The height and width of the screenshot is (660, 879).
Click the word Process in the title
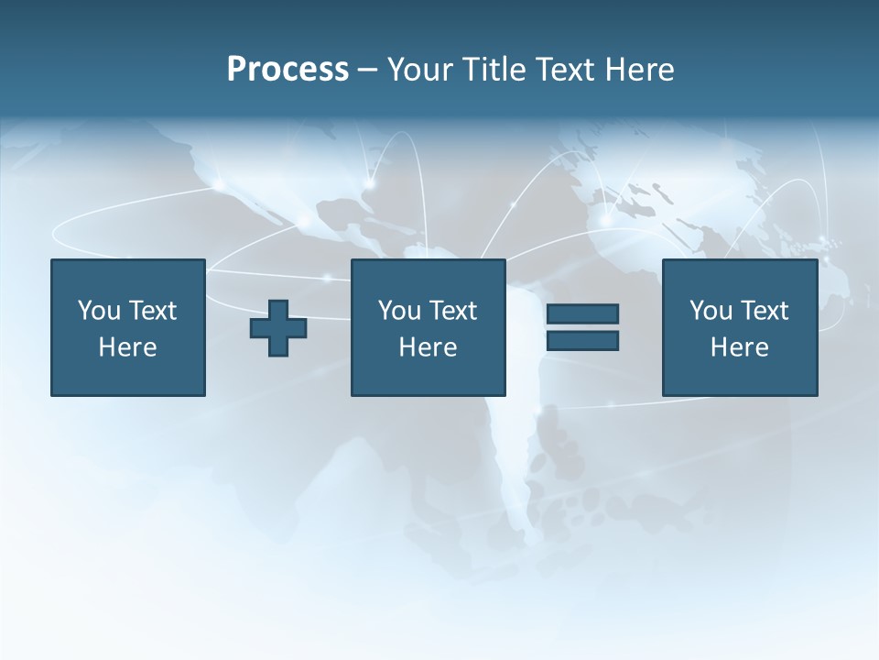pyautogui.click(x=288, y=70)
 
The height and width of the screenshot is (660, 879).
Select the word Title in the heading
pyautogui.click(x=493, y=70)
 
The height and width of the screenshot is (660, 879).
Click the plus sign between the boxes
pyautogui.click(x=278, y=328)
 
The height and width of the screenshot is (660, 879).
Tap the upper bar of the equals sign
pyautogui.click(x=582, y=314)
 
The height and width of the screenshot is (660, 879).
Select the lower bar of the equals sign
pyautogui.click(x=582, y=340)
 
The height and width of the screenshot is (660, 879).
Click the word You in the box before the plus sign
pyautogui.click(x=99, y=311)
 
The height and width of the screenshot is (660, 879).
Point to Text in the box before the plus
pyautogui.click(x=151, y=311)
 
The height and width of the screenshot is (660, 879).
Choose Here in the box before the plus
pyautogui.click(x=127, y=347)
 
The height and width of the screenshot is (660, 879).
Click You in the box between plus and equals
pyautogui.click(x=399, y=311)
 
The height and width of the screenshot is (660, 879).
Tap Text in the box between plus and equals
pyautogui.click(x=451, y=311)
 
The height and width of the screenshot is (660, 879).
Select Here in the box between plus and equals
pyautogui.click(x=428, y=347)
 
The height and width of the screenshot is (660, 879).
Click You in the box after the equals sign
pyautogui.click(x=711, y=311)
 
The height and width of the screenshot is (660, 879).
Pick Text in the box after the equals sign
pyautogui.click(x=763, y=311)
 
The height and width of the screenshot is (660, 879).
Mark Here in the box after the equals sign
pyautogui.click(x=739, y=347)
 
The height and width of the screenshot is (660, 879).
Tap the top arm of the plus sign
pyautogui.click(x=278, y=308)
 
